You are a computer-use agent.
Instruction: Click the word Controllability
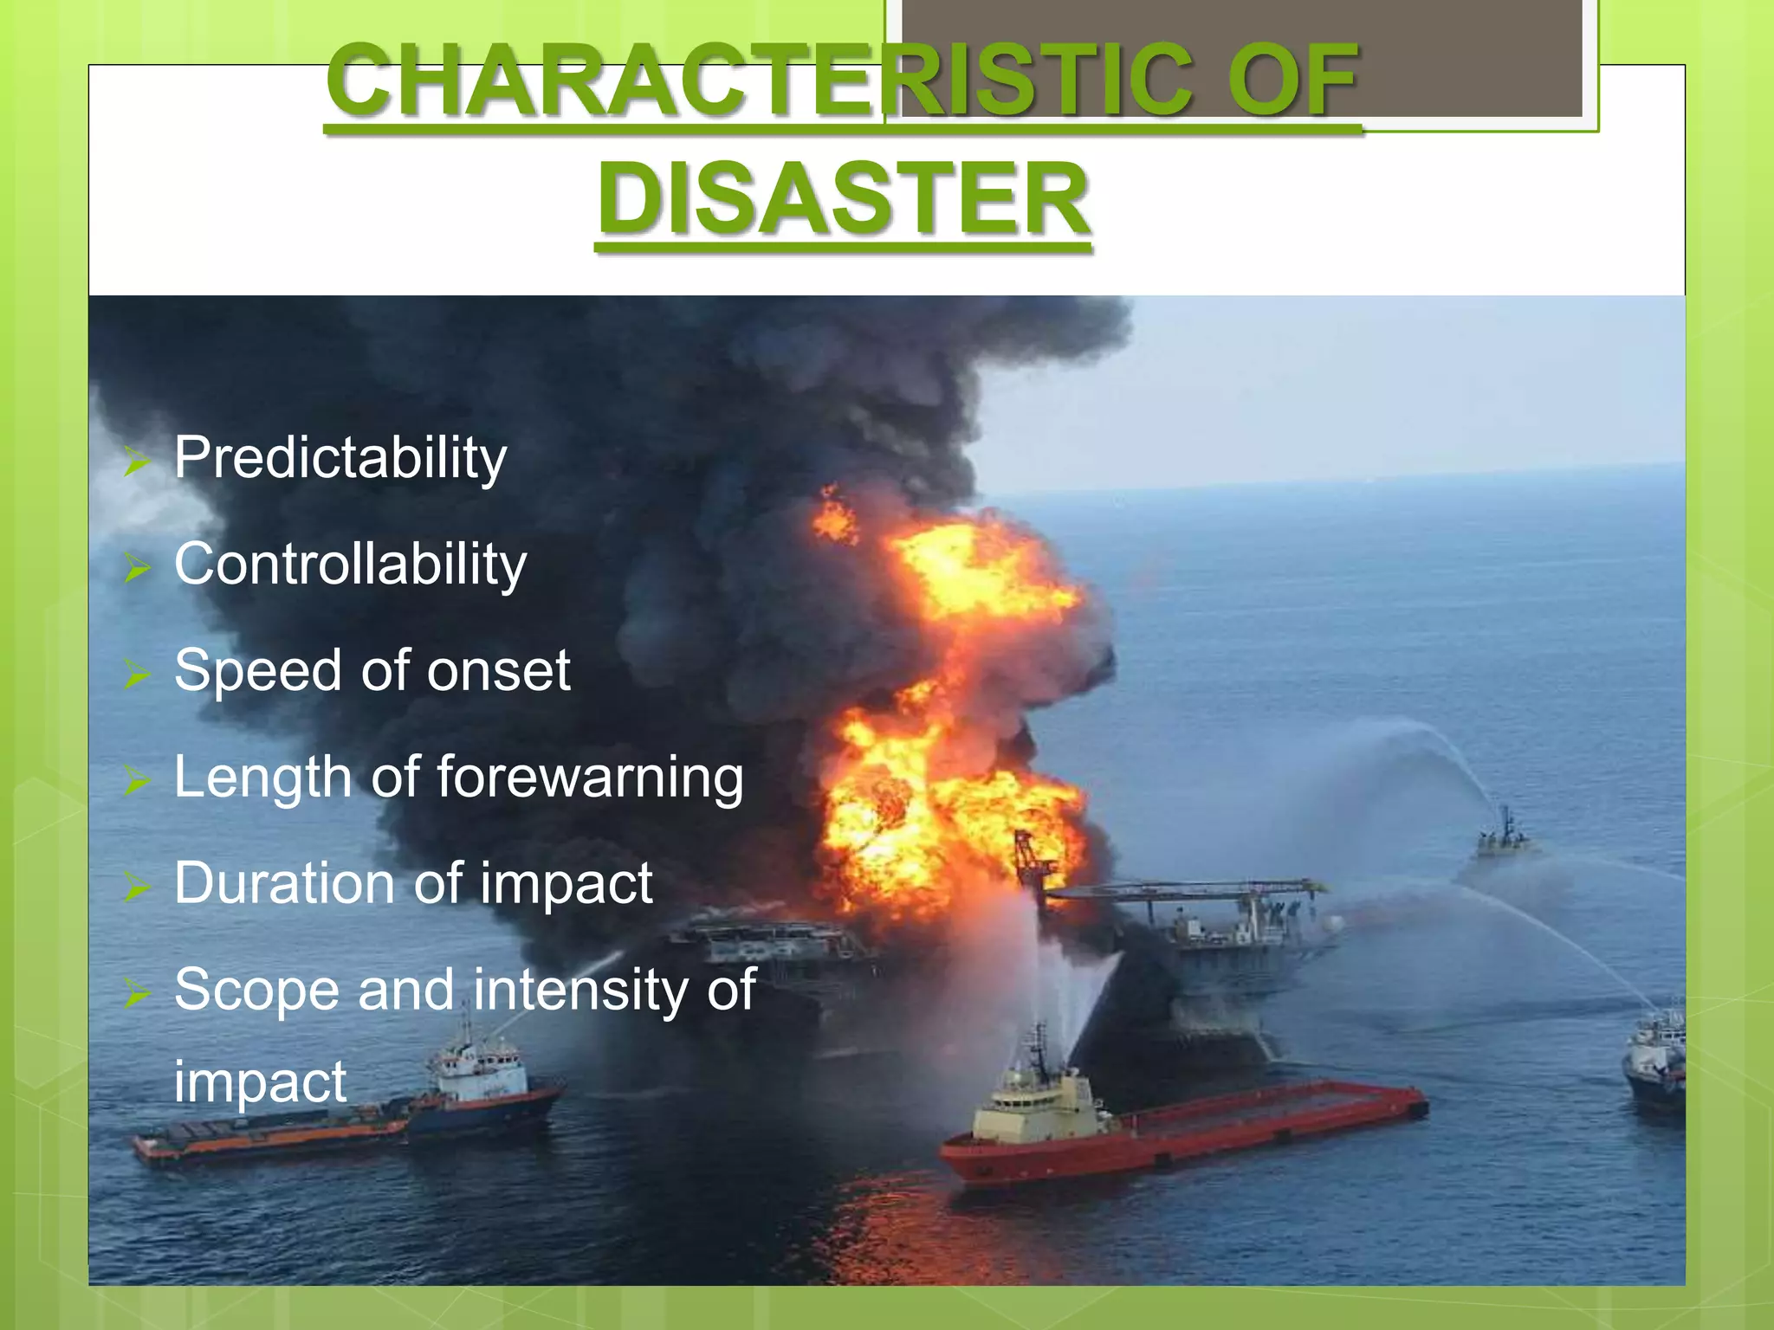coord(350,564)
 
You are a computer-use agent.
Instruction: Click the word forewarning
coord(590,777)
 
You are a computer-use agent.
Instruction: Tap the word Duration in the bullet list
coord(284,883)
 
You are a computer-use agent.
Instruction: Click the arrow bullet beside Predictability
coord(137,462)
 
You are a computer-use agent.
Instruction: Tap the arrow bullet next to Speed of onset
coord(137,675)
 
